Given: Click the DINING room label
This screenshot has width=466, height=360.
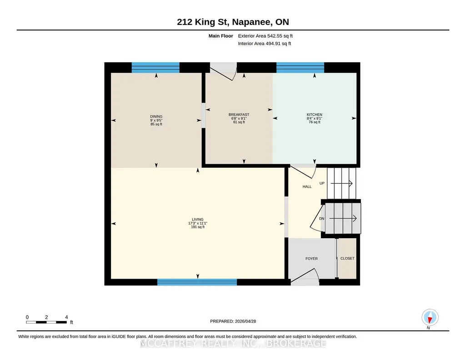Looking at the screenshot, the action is click(156, 116).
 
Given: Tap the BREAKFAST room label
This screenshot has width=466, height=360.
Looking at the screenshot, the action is click(239, 115).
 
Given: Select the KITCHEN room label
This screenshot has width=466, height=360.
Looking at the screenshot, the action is click(315, 115).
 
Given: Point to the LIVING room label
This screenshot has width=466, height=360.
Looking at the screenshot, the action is click(198, 220).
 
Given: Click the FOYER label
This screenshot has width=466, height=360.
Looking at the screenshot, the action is click(311, 259).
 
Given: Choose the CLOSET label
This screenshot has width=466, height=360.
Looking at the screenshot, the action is click(347, 259).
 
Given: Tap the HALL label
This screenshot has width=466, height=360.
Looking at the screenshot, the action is click(307, 186).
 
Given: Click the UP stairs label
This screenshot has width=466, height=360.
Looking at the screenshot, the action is click(322, 183).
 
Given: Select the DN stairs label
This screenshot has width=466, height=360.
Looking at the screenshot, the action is click(321, 219).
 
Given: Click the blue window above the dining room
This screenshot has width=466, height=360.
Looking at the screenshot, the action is click(155, 67).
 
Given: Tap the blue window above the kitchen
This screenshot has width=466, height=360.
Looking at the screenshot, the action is click(300, 67).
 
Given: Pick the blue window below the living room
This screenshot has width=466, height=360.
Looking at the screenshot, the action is click(197, 282).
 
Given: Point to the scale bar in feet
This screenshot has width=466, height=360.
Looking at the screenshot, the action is click(46, 322).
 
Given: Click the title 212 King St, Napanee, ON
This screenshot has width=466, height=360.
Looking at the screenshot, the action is click(233, 22).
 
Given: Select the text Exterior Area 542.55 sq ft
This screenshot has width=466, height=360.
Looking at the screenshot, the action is click(266, 36).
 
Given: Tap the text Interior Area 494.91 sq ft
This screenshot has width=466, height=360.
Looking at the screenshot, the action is click(265, 44).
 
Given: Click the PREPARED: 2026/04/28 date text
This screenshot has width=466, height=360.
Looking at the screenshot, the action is click(233, 321).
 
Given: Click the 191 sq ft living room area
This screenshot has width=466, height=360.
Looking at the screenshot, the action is click(198, 227).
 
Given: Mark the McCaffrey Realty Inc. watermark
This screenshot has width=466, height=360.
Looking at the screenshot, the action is click(233, 343).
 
